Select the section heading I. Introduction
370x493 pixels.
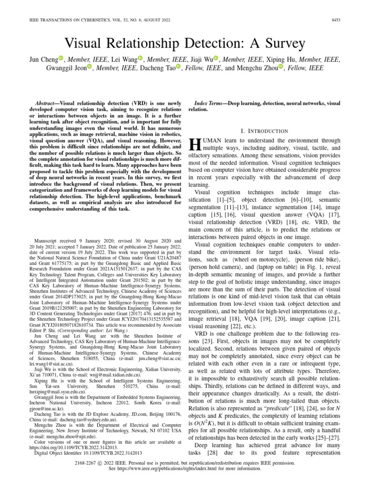click(x=264, y=131)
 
